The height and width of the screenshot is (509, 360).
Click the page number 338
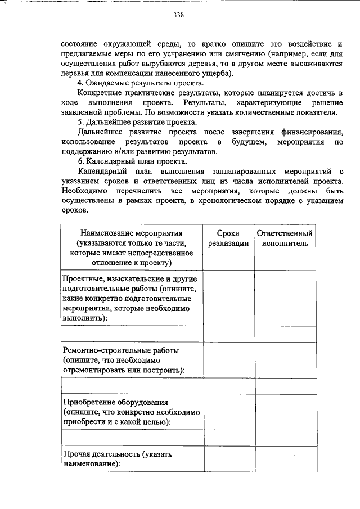(179, 15)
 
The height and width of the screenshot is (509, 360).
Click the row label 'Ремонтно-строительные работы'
(121, 350)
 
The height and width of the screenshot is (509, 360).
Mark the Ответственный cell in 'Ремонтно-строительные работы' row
(284, 360)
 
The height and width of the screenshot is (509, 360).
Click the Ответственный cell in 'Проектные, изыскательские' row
(284, 298)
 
